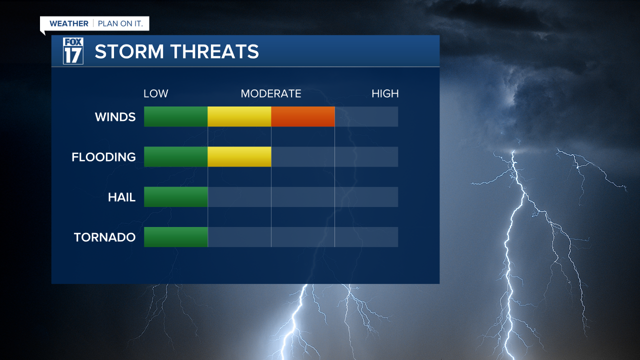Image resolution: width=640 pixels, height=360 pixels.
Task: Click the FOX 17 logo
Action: [x=73, y=51]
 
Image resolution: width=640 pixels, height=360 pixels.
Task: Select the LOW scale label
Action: [x=156, y=93]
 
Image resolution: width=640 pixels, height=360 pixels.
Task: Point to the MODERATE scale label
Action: [x=271, y=93]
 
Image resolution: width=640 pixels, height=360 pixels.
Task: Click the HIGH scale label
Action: [x=385, y=93]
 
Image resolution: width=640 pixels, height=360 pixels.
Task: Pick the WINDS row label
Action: [x=115, y=117]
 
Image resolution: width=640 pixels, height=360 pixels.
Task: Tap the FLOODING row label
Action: [x=103, y=157]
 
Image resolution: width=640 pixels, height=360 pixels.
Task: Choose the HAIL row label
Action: [x=121, y=197]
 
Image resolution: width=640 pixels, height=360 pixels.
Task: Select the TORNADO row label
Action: [x=104, y=237]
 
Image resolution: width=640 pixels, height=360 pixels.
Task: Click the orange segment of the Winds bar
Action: [x=303, y=116]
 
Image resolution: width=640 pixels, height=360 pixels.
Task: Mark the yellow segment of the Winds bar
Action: [x=239, y=116]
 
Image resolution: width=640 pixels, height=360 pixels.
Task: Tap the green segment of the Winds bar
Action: [x=176, y=116]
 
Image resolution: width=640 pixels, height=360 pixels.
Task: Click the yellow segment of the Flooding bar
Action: [x=239, y=156]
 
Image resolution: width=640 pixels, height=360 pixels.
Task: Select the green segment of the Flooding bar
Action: [x=176, y=156]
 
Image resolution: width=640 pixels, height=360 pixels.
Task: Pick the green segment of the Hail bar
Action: [x=176, y=196]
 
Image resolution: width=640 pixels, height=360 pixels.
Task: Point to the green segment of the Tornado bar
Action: [x=176, y=236]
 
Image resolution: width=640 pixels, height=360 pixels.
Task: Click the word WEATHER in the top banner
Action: [x=69, y=23]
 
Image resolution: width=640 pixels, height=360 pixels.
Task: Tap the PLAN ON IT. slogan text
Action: [x=120, y=23]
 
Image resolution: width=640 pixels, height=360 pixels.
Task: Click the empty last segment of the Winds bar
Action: [x=366, y=116]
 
